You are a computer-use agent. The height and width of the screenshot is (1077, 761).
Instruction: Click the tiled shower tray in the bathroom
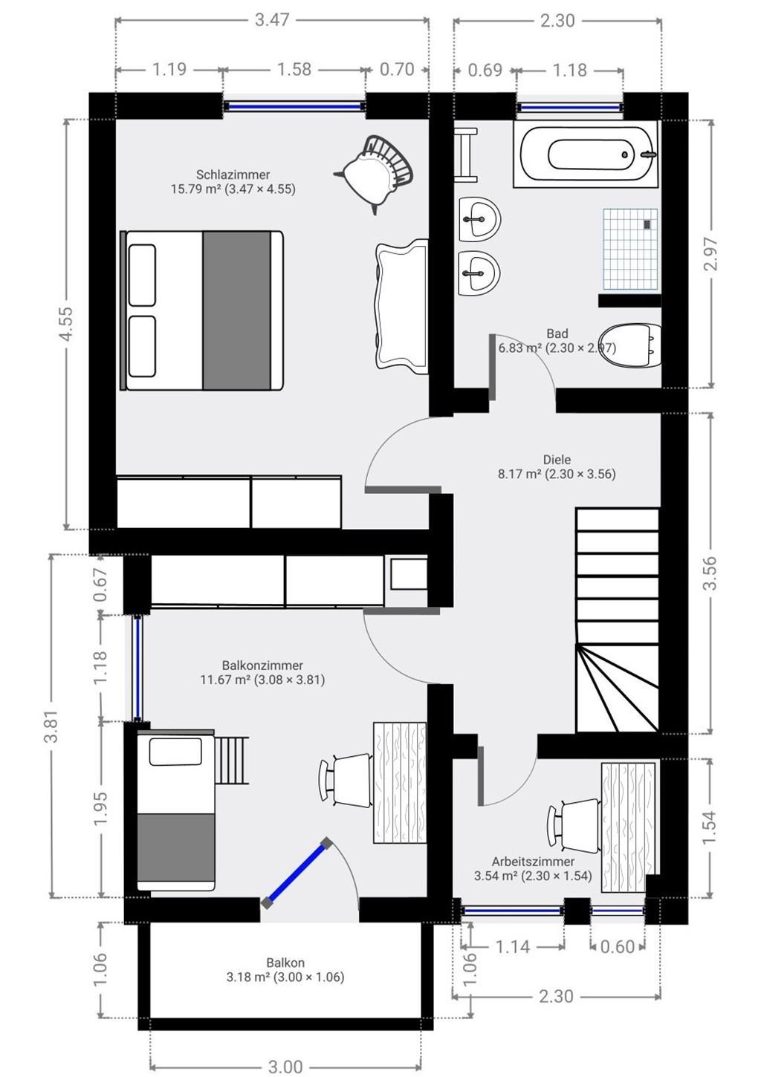tap(629, 249)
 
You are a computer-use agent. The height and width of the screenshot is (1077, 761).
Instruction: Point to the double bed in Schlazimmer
tap(202, 310)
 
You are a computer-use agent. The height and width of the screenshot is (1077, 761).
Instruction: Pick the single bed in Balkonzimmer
tap(176, 810)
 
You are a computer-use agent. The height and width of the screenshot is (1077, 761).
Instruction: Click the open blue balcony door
tap(295, 873)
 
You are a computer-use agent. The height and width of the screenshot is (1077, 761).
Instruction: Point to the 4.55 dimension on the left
tap(65, 325)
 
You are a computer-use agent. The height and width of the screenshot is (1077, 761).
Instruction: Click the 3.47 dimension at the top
tap(272, 20)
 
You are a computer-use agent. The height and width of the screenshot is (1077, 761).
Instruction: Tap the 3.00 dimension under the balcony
tap(285, 1067)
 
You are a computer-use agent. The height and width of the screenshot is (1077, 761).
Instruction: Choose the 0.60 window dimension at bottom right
tap(617, 946)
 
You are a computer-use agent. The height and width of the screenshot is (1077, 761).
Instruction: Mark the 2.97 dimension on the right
tap(710, 254)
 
